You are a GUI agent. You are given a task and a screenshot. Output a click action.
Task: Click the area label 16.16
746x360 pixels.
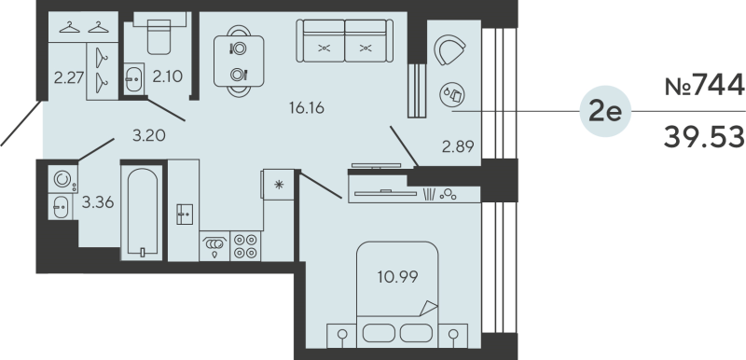click(307, 108)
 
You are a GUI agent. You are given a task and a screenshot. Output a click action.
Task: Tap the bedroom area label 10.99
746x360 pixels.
click(398, 277)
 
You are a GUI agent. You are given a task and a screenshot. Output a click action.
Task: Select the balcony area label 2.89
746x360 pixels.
click(458, 147)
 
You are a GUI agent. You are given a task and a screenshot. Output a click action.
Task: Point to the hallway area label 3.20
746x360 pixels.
click(149, 136)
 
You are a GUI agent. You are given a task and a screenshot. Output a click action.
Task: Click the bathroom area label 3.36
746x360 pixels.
click(98, 203)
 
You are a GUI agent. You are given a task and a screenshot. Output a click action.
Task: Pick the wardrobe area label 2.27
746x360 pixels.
click(69, 77)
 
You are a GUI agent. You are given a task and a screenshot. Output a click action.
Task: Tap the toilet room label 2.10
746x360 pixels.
click(168, 76)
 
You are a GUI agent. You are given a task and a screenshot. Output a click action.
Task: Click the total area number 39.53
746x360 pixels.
click(704, 137)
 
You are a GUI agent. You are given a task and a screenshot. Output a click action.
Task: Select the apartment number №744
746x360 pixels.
click(704, 86)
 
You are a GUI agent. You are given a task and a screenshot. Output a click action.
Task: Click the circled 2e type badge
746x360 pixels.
click(605, 112)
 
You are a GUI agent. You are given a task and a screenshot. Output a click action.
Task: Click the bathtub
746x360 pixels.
click(142, 213)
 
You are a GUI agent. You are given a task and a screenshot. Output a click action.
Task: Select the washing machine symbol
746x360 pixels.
click(62, 179)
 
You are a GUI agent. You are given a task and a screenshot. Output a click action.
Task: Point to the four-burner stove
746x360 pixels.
click(245, 246)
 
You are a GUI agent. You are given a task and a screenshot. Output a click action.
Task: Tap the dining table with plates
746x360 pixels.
click(239, 62)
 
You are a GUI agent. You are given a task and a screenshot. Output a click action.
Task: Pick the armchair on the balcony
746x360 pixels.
click(449, 50)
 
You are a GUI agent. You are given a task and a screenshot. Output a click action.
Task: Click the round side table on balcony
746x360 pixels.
click(452, 94)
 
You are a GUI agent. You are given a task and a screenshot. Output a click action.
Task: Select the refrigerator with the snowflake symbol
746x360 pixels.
click(278, 185)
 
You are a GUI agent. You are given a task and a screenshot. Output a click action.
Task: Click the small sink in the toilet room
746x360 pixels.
click(133, 79)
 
